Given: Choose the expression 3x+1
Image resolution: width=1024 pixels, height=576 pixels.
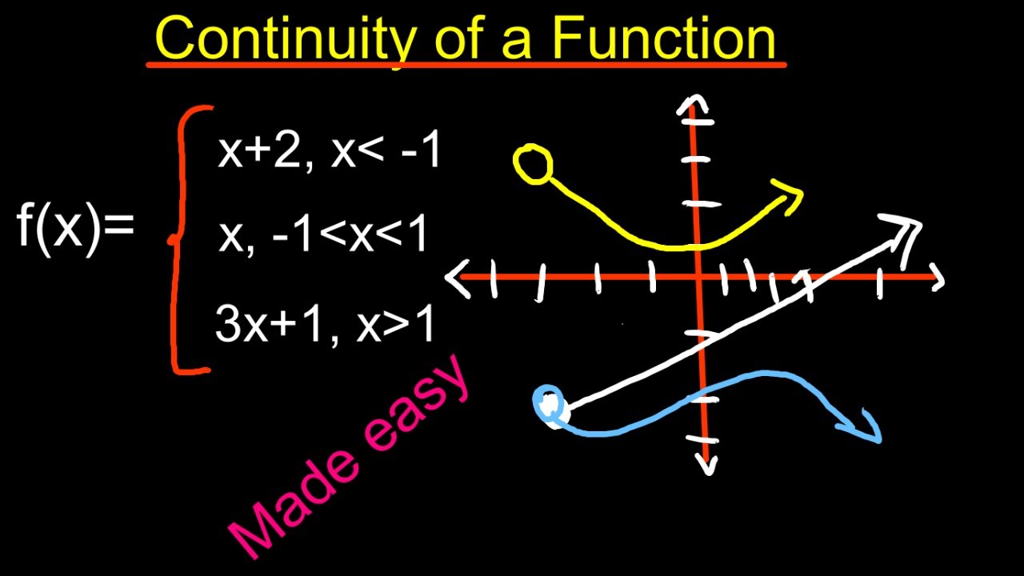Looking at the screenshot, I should [x=263, y=324].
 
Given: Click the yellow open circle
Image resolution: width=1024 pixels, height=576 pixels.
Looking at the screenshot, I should [x=533, y=165].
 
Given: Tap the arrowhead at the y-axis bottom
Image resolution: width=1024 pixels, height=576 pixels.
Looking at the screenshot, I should [x=706, y=463].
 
